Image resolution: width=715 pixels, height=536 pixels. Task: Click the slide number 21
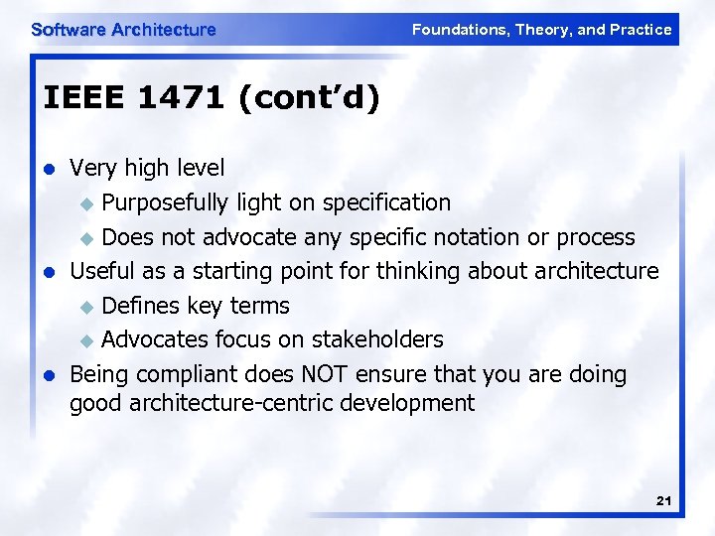(x=664, y=502)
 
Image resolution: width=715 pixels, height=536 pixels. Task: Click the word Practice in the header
(x=642, y=30)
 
